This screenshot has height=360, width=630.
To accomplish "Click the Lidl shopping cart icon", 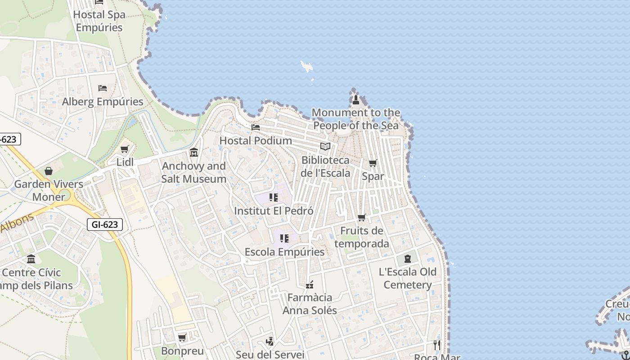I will tap(125, 149).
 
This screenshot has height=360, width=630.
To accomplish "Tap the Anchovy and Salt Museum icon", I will tap(194, 153).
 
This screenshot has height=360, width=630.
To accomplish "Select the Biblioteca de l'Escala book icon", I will tap(325, 147).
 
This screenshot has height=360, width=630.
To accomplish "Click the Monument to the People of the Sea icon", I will tap(355, 99).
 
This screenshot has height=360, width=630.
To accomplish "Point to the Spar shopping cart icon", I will tap(373, 163).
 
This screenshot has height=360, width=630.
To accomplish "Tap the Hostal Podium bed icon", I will tap(256, 127).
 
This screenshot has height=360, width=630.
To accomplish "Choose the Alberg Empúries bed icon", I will tap(103, 88).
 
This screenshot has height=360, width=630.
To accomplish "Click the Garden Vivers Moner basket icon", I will tap(49, 171).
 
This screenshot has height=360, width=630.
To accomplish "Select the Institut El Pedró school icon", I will tap(274, 198).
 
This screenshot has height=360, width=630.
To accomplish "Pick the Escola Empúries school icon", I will tap(284, 238).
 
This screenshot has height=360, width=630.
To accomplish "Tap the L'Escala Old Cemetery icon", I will tap(408, 259).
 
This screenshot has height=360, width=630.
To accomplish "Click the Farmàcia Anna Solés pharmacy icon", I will tap(310, 284).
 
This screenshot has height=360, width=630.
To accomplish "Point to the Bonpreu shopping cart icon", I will tap(182, 337).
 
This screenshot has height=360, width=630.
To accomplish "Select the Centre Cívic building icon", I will tap(31, 259).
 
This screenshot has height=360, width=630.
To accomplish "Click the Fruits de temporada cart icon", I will tap(361, 218).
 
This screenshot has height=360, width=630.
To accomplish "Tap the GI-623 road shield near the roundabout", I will tap(105, 224).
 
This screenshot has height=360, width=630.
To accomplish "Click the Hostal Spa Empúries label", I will tap(99, 21).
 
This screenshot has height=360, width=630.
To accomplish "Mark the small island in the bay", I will tap(307, 67).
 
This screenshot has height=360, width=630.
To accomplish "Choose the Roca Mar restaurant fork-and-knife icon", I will tap(437, 345).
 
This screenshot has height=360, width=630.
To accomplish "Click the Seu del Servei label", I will tap(270, 355).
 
